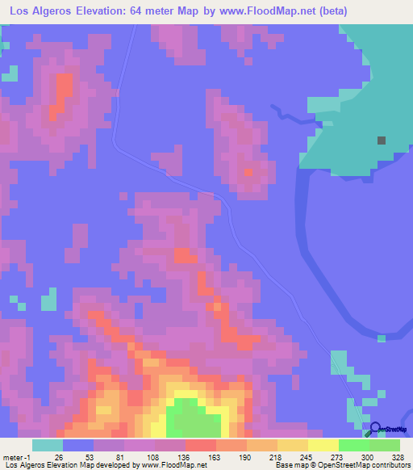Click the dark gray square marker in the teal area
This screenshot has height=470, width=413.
pyautogui.click(x=381, y=141)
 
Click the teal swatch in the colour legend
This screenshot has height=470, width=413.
pyautogui.click(x=47, y=445)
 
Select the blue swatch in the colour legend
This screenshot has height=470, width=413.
pyautogui.click(x=78, y=445)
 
